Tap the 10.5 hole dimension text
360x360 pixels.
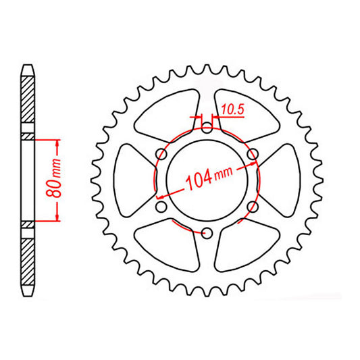pyautogui.click(x=231, y=107)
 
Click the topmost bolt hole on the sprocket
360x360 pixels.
pyautogui.click(x=207, y=128)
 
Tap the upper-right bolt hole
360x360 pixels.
pyautogui.click(x=253, y=155)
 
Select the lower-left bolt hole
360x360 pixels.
pyautogui.click(x=161, y=207)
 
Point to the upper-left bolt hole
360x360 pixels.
pyautogui.click(x=161, y=155)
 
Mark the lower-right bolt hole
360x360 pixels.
pyautogui.click(x=253, y=207)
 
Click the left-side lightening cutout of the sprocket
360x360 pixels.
pyautogui.click(x=132, y=180)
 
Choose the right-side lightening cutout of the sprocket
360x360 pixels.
pyautogui.click(x=282, y=180)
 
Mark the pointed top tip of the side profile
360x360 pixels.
pyautogui.click(x=27, y=65)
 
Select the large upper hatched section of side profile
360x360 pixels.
pyautogui.click(x=27, y=98)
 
